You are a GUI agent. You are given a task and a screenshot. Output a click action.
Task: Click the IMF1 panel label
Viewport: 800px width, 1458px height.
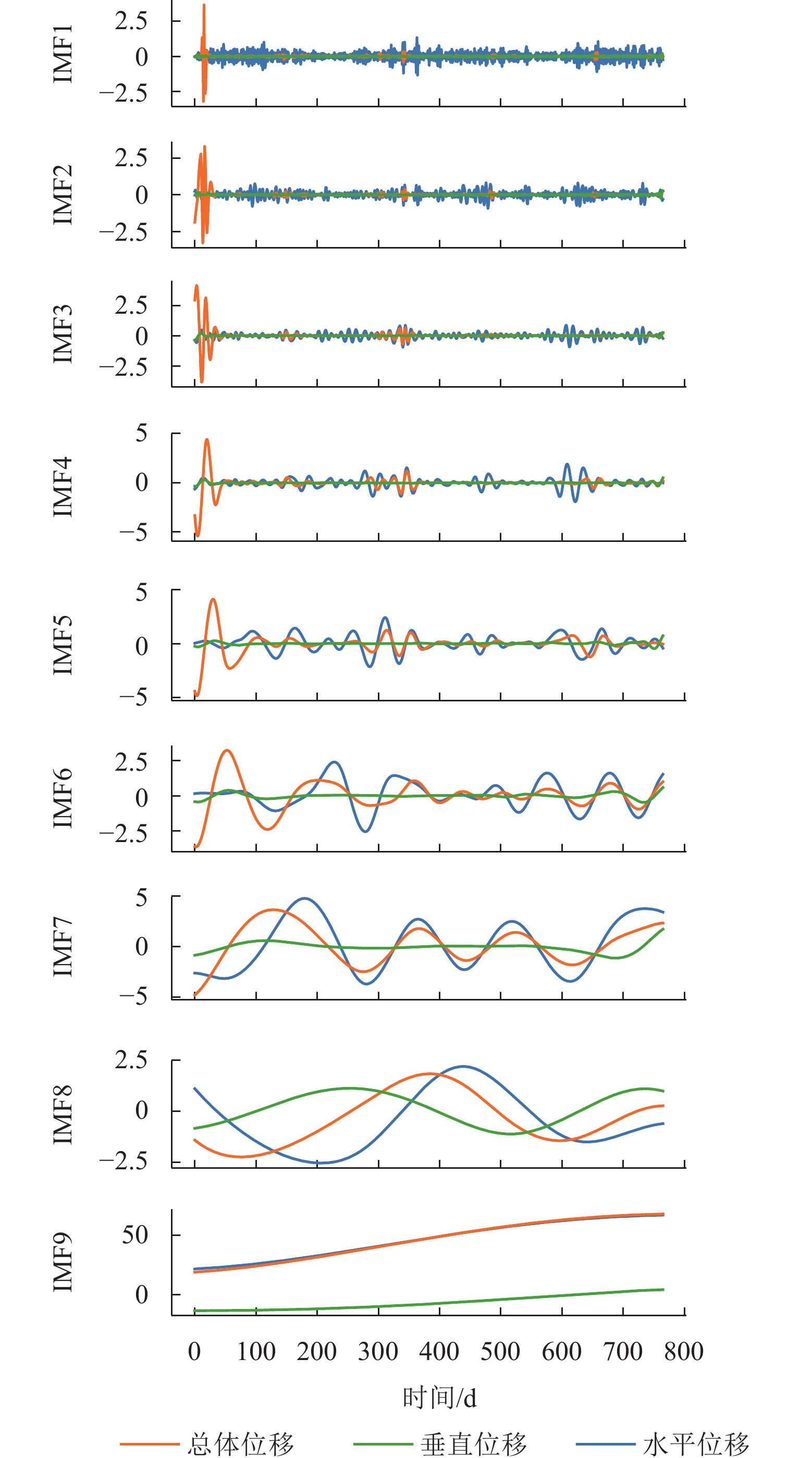[62, 54]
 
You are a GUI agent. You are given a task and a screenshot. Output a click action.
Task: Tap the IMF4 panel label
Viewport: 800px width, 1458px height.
[62, 487]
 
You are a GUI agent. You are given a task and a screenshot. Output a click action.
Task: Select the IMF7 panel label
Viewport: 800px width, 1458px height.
[62, 947]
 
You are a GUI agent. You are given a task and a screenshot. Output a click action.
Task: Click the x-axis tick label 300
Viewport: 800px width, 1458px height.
[378, 1352]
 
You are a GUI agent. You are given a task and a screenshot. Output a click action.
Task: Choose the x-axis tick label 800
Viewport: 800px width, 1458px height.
[683, 1352]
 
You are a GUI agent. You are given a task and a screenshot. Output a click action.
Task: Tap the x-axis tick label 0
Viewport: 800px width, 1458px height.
[194, 1352]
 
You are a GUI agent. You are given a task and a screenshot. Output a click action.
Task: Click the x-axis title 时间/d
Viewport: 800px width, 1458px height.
[439, 1398]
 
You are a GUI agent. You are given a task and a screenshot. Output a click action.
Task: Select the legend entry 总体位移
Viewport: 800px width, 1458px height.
[241, 1444]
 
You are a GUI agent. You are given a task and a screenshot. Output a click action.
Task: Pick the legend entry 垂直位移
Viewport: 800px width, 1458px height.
[473, 1444]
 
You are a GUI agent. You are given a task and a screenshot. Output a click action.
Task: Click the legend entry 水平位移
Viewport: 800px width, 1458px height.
[696, 1444]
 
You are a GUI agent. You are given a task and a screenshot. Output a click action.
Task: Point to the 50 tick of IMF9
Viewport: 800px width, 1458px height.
[135, 1235]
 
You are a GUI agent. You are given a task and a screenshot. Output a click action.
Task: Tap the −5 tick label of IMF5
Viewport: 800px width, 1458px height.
[133, 697]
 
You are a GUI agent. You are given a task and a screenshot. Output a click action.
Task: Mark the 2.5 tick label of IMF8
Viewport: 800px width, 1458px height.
[131, 1060]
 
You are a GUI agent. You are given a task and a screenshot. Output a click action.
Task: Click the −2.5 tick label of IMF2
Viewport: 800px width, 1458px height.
[123, 232]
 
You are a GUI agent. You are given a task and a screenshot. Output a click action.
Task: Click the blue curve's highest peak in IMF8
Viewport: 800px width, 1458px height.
[463, 1066]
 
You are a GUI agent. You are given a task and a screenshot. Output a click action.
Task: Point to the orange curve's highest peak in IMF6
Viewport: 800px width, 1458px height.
[227, 750]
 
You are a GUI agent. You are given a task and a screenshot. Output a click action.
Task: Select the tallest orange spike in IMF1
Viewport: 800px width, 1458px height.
[204, 6]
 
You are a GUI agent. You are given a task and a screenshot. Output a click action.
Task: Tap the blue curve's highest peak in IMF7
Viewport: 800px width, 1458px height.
[304, 898]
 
